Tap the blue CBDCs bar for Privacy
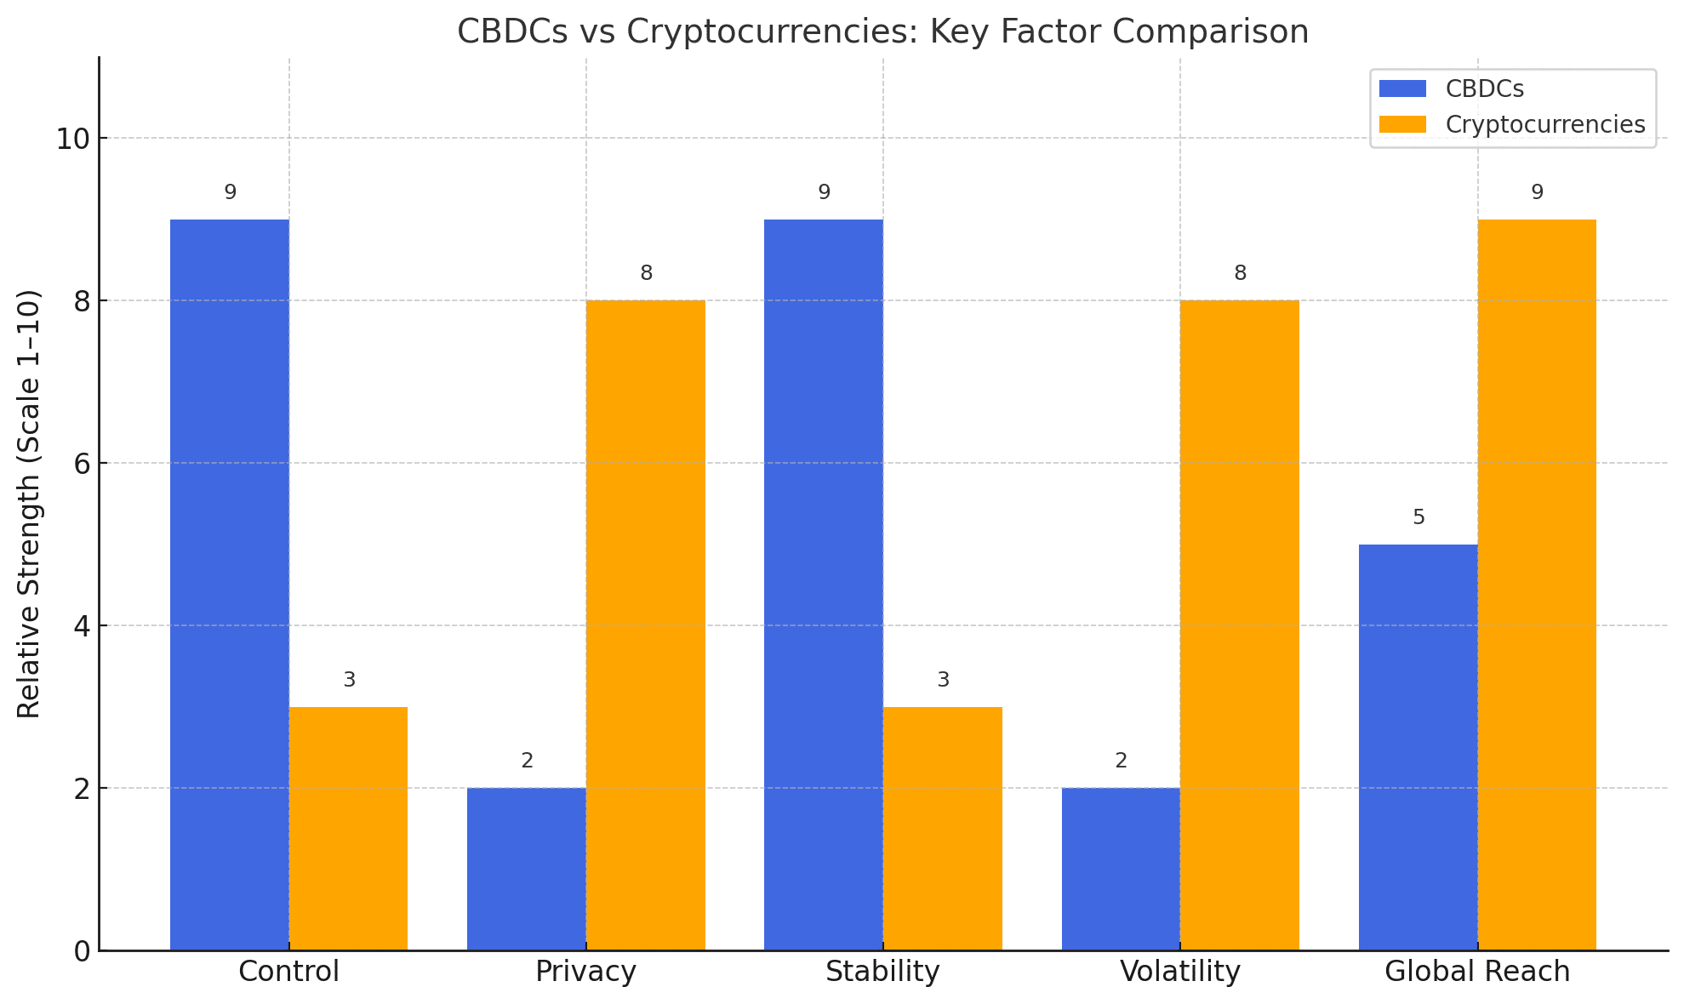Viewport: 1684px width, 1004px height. tap(527, 869)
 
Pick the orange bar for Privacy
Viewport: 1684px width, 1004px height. tap(645, 625)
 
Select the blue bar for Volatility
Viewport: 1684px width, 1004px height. tap(1121, 869)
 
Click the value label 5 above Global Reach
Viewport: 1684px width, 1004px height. tap(1419, 517)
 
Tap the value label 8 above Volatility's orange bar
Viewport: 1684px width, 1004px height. tap(1240, 273)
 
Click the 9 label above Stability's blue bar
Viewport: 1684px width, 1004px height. tap(824, 192)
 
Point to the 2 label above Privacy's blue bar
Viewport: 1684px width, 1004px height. tap(527, 761)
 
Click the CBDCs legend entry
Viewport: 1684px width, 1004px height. tap(1483, 89)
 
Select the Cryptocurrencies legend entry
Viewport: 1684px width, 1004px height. tap(1544, 124)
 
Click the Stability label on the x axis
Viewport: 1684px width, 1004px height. tap(882, 972)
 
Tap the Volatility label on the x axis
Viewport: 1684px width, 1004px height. tap(1180, 972)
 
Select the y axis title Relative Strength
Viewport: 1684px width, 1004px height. tap(29, 504)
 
